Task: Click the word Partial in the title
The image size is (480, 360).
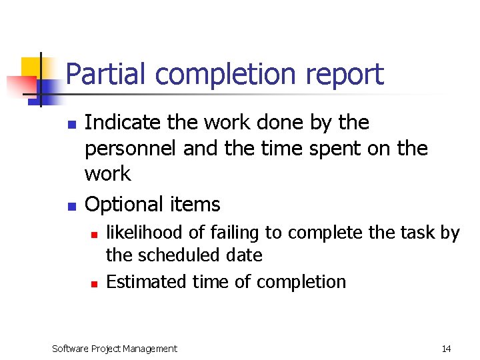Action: [105, 74]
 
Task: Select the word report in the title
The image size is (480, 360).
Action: [345, 74]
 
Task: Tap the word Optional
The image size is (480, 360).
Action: [124, 204]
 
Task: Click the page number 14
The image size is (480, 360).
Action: [446, 349]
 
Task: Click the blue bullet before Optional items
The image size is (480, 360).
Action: [71, 205]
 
